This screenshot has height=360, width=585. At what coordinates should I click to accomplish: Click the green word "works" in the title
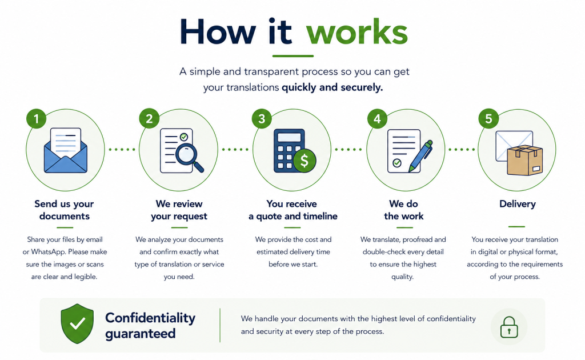(x=357, y=32)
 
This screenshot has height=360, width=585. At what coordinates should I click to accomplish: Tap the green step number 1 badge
(x=36, y=119)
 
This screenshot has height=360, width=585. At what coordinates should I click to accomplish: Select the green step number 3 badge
(x=262, y=119)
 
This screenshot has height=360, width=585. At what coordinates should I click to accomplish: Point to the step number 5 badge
(x=488, y=119)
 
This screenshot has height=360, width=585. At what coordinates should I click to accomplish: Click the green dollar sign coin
(x=304, y=161)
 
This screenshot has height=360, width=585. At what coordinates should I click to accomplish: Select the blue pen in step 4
(x=420, y=156)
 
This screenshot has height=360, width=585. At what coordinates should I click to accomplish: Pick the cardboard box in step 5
(x=524, y=160)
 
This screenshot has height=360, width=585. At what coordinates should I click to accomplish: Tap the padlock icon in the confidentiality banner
(x=509, y=327)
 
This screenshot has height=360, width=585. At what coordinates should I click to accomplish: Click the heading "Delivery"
(x=518, y=203)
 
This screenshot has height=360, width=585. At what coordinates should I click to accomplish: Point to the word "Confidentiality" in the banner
(x=150, y=318)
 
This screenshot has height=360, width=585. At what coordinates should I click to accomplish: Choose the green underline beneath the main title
(x=293, y=56)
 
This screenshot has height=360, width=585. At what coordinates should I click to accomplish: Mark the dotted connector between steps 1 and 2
(x=122, y=150)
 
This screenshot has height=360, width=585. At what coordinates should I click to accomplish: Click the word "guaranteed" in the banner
(x=141, y=334)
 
